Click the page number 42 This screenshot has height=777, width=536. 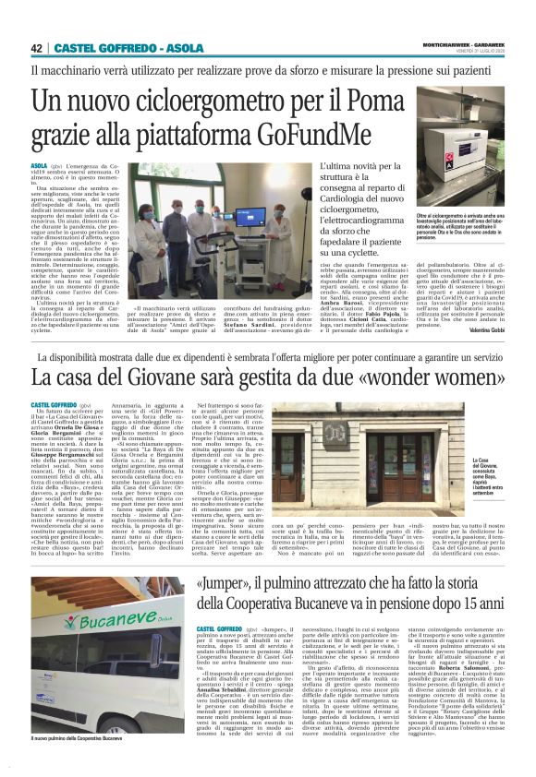37,48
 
